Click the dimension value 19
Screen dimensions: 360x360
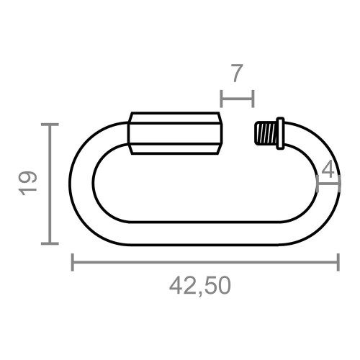point(28,184)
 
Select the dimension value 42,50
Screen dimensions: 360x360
point(200,286)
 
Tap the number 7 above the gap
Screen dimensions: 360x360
point(236,73)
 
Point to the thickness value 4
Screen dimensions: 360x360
point(328,170)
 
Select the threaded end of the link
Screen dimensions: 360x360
point(266,135)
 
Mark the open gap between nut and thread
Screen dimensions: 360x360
point(238,134)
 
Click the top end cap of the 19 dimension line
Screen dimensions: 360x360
point(49,125)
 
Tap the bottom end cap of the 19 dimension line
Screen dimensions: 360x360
point(49,243)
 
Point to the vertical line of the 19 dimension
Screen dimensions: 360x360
point(49,184)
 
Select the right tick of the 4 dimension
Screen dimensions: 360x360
point(338,184)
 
